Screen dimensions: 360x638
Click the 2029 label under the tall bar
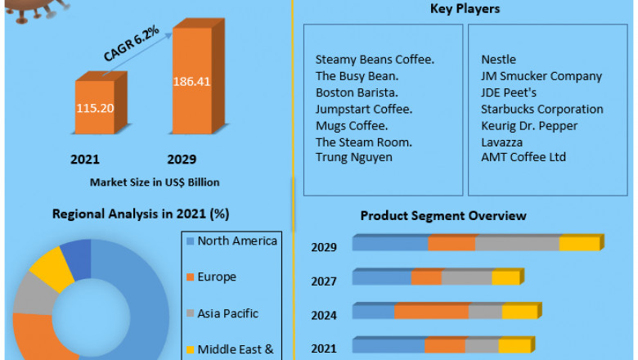tap(182, 159)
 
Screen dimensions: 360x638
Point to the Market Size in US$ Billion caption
tap(155, 182)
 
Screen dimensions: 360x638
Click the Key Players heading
tap(465, 9)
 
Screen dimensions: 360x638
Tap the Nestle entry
tap(498, 60)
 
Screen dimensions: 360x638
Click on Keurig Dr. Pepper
tap(529, 125)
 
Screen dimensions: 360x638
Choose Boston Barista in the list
tap(357, 92)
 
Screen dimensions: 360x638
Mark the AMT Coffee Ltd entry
tap(523, 157)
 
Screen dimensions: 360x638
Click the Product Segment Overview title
tap(443, 216)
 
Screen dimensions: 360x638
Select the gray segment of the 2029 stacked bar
tap(517, 244)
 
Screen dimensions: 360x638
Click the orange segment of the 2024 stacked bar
tap(431, 312)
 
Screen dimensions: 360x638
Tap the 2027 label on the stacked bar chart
tap(323, 281)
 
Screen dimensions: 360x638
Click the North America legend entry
tap(237, 241)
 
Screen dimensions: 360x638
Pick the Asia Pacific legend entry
tap(227, 313)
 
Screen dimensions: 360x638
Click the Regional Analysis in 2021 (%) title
tap(141, 214)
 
